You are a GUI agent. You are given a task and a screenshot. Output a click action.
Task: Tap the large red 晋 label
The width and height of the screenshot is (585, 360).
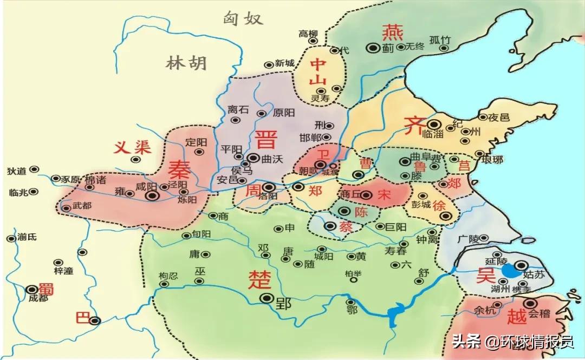(266, 139)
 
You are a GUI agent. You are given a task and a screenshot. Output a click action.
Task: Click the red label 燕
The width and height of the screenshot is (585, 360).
(392, 33)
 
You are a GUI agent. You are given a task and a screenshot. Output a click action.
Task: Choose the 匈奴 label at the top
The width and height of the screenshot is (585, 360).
(243, 19)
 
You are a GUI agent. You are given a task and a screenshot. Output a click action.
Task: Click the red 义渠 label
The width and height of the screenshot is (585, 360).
(132, 147)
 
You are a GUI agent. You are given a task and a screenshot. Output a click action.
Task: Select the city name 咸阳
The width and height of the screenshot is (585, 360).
(145, 187)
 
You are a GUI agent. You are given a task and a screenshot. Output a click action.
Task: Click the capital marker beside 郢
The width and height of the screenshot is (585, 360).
(266, 298)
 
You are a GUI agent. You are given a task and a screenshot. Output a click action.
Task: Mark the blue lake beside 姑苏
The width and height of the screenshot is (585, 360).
(509, 270)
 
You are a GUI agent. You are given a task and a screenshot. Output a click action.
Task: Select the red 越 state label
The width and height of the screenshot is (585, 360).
(515, 314)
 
